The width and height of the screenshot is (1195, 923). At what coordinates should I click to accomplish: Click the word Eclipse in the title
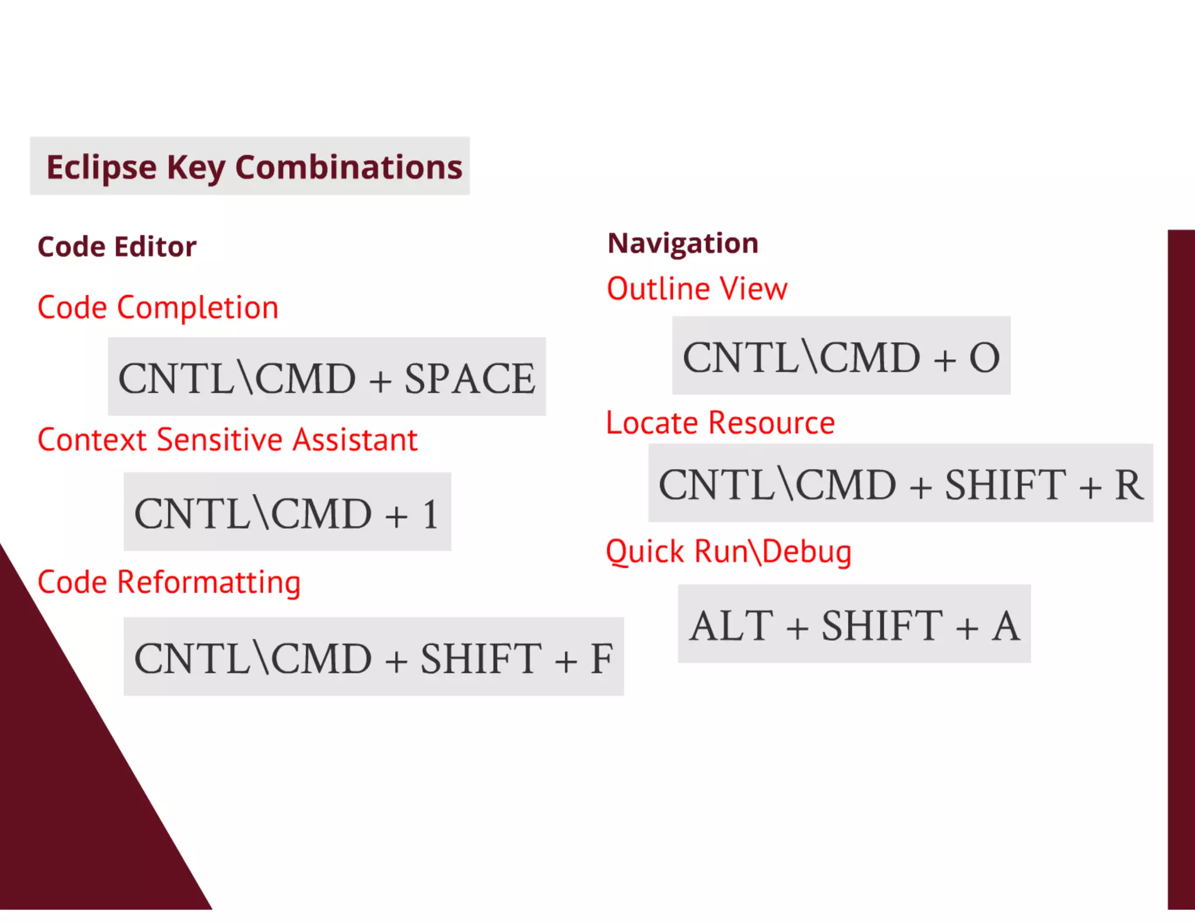coord(101,167)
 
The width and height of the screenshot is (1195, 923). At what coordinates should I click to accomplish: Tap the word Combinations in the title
coord(348,167)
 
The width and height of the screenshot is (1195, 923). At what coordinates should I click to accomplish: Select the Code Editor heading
coord(117,247)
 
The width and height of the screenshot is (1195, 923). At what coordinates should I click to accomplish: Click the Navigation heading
coord(683,243)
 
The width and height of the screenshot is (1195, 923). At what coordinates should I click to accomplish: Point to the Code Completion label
coord(158,307)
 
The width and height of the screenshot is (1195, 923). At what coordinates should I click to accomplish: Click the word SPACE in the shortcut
coord(470,379)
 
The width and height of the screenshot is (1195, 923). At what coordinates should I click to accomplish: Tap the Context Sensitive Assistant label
coord(228,440)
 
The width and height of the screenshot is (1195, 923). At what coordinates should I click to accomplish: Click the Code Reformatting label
coord(169,582)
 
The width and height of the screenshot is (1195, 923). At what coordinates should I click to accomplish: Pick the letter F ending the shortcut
coord(601,659)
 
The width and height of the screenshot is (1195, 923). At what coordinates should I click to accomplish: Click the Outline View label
coord(697,289)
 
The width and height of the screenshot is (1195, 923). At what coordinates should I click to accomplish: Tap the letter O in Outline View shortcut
coord(984,358)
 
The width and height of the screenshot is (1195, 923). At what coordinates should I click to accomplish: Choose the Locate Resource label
coord(720,423)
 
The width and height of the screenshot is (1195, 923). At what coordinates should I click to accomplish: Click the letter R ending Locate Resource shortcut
coord(1128,485)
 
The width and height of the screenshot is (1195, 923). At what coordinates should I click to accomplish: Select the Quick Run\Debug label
coord(728,552)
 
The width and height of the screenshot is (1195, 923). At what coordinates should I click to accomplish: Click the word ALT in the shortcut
coord(731,625)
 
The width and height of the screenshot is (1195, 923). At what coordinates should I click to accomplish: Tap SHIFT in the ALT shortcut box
coord(882,625)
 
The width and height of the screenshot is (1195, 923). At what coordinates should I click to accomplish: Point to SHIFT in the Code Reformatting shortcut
coord(481,659)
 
